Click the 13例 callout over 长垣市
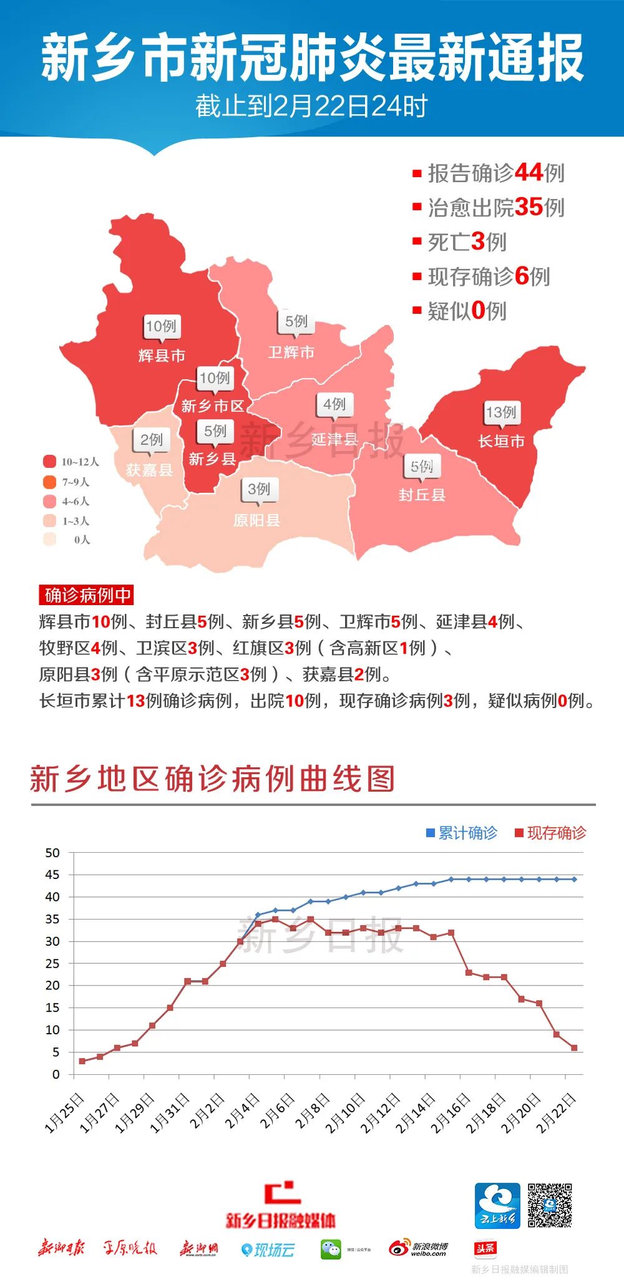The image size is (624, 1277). (x=501, y=412)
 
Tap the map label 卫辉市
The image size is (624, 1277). (x=291, y=352)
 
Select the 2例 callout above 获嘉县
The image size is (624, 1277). (x=151, y=440)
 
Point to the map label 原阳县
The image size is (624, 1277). (x=256, y=520)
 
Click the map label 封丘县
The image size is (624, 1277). (x=422, y=495)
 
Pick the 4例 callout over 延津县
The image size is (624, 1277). (x=334, y=404)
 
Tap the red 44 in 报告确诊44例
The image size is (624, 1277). (x=528, y=173)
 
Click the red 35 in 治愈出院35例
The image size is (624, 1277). (x=528, y=207)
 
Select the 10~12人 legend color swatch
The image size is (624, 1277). (x=49, y=462)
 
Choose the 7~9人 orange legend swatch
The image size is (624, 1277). (x=49, y=482)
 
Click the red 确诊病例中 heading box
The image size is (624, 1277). (x=87, y=595)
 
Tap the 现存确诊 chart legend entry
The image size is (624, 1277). (x=550, y=833)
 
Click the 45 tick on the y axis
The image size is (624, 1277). (x=52, y=875)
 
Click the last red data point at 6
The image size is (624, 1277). (x=574, y=1048)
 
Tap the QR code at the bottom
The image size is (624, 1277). (x=550, y=1205)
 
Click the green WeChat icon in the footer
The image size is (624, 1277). (x=331, y=1249)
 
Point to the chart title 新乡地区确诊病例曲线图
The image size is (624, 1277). (x=212, y=779)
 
